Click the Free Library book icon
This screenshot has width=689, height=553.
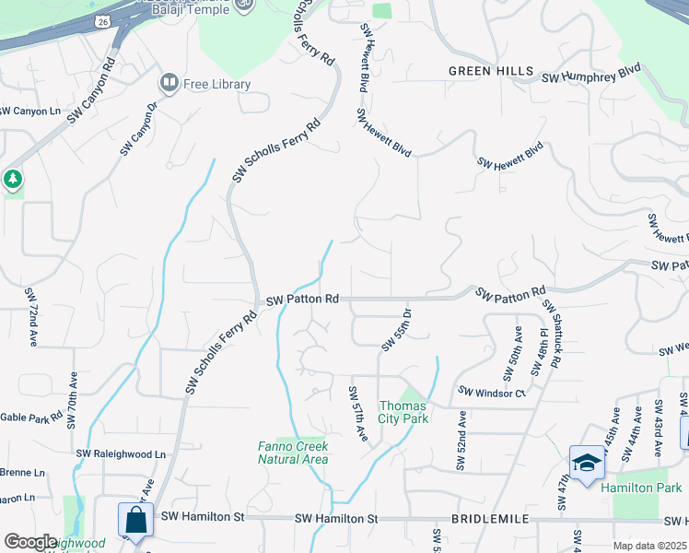[x=169, y=84]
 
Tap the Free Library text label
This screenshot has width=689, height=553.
[x=217, y=85]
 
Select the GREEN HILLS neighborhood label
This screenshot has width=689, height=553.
[x=491, y=71]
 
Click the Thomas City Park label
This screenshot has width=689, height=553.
[x=403, y=412]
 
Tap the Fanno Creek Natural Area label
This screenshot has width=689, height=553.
[x=292, y=453]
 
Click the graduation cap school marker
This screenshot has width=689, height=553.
[x=587, y=463]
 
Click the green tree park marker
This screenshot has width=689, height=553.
[x=12, y=179]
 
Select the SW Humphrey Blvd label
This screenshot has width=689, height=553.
[x=590, y=76]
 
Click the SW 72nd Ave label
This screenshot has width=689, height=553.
[x=31, y=316]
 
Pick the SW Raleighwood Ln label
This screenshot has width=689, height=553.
[x=121, y=453]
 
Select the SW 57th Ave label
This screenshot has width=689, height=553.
[x=357, y=414]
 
